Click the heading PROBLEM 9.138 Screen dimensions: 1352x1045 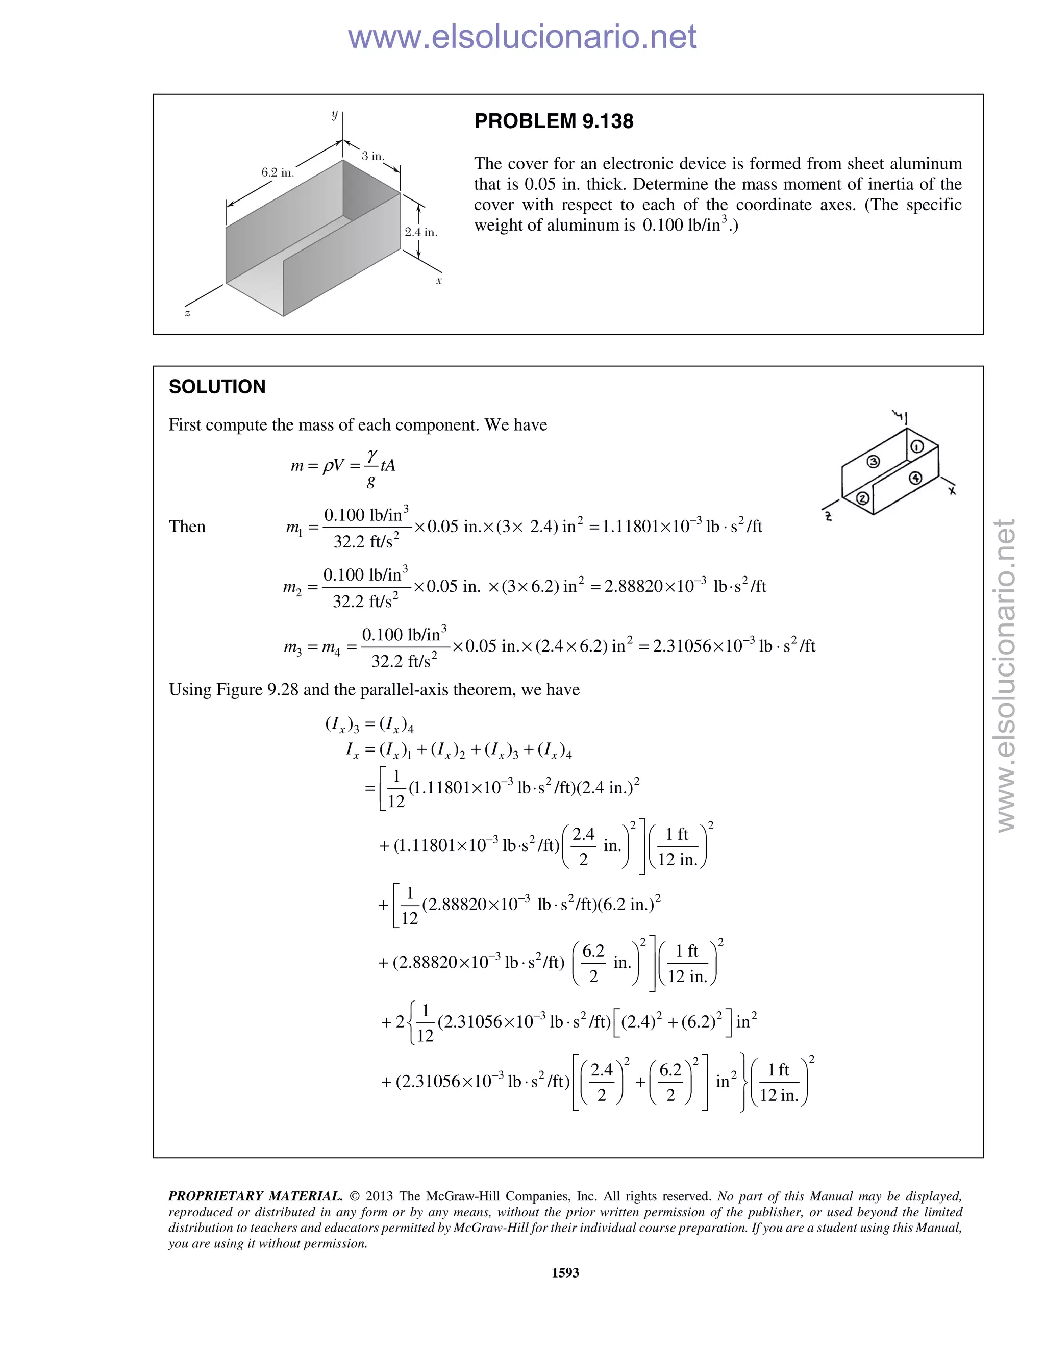tap(554, 121)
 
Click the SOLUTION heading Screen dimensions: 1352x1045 tap(217, 387)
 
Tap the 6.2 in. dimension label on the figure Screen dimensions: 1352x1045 tap(278, 173)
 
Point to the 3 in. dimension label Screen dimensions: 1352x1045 tap(372, 156)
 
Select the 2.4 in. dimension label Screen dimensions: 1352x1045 tap(421, 232)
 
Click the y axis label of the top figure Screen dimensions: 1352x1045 tap(335, 114)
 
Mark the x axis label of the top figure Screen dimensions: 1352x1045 tap(439, 281)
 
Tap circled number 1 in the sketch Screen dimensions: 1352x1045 tap(917, 447)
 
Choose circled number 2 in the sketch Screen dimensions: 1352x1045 tap(862, 498)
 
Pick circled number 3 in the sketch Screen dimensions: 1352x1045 tap(874, 461)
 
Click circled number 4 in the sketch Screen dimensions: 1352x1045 tap(915, 478)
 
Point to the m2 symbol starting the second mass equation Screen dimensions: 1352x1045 tap(292, 587)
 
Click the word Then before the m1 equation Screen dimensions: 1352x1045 tap(187, 527)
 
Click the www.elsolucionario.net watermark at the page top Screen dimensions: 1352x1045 tap(522, 37)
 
